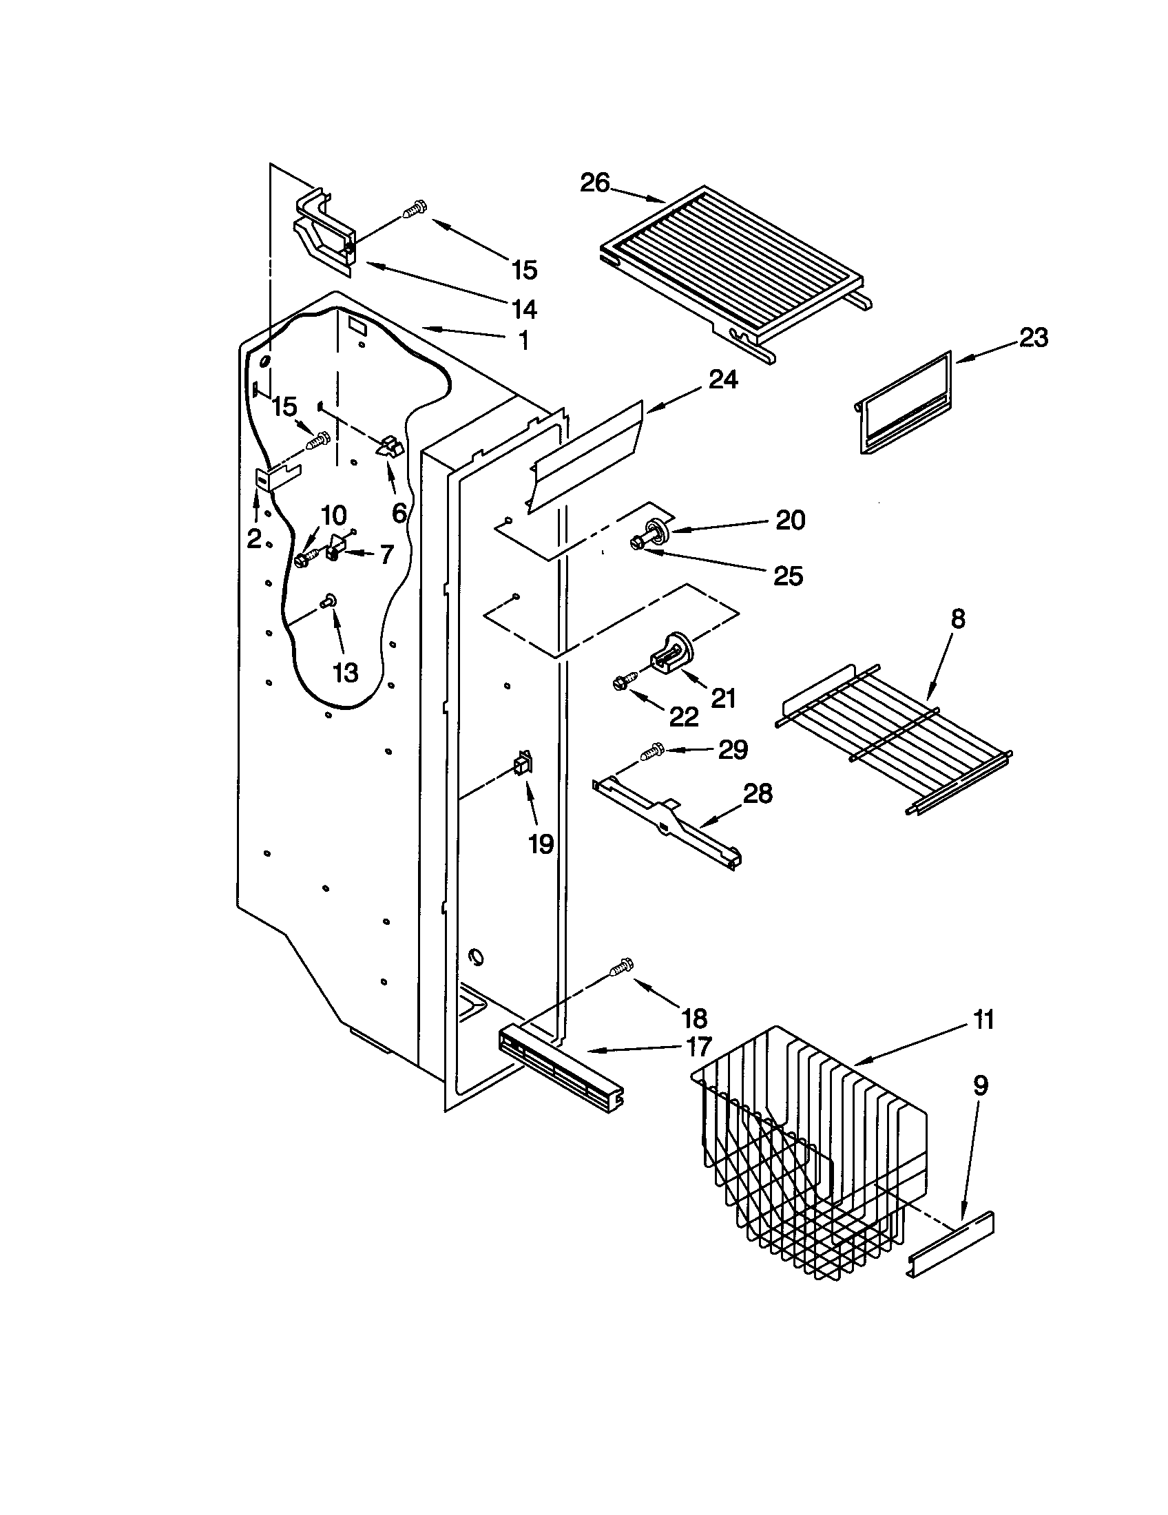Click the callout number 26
click(x=594, y=184)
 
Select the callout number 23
click(x=1034, y=339)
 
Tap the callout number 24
click(x=722, y=379)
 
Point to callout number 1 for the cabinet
click(x=523, y=340)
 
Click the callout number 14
click(x=524, y=308)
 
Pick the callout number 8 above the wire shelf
click(x=957, y=619)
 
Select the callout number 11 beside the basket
click(x=983, y=1020)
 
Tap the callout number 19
click(x=541, y=844)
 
